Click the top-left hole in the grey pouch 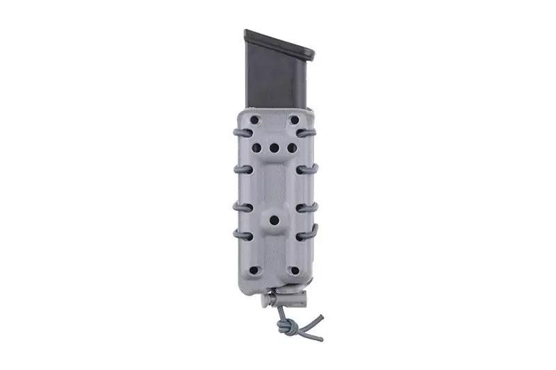click(254, 120)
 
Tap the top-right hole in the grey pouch click(294, 120)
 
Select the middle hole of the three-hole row click(274, 148)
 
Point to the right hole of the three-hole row click(291, 148)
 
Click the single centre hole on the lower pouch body click(274, 220)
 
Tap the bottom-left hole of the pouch click(254, 270)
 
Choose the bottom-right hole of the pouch click(294, 270)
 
